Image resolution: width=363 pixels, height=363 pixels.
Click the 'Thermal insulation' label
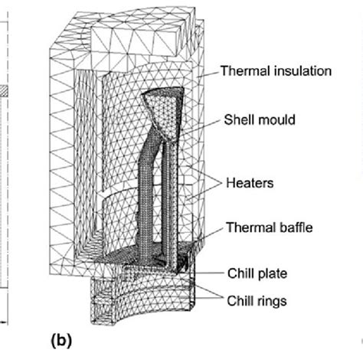click(275, 71)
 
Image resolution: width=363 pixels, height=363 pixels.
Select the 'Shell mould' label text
click(258, 119)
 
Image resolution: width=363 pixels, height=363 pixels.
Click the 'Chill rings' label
click(257, 301)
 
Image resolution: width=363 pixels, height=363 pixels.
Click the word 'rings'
click(273, 301)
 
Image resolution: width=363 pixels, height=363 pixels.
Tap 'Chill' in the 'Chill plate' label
click(238, 272)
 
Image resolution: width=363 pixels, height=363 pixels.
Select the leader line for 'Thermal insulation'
click(209, 75)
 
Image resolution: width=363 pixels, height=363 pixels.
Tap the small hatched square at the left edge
click(4, 90)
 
